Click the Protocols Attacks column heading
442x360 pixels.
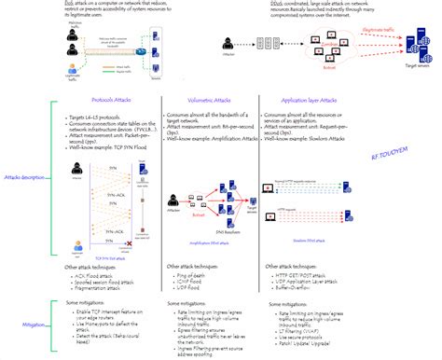point(113,98)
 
